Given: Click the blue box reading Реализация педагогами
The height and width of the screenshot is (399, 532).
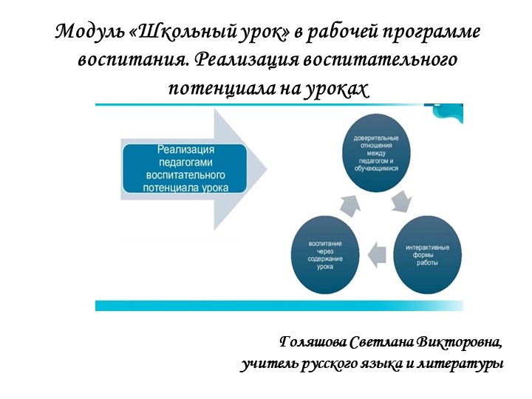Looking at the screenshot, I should coord(183,168).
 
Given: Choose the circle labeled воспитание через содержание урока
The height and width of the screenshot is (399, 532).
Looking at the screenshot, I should coord(325,253).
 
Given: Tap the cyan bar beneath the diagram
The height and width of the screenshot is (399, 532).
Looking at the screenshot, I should coord(279,305).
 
